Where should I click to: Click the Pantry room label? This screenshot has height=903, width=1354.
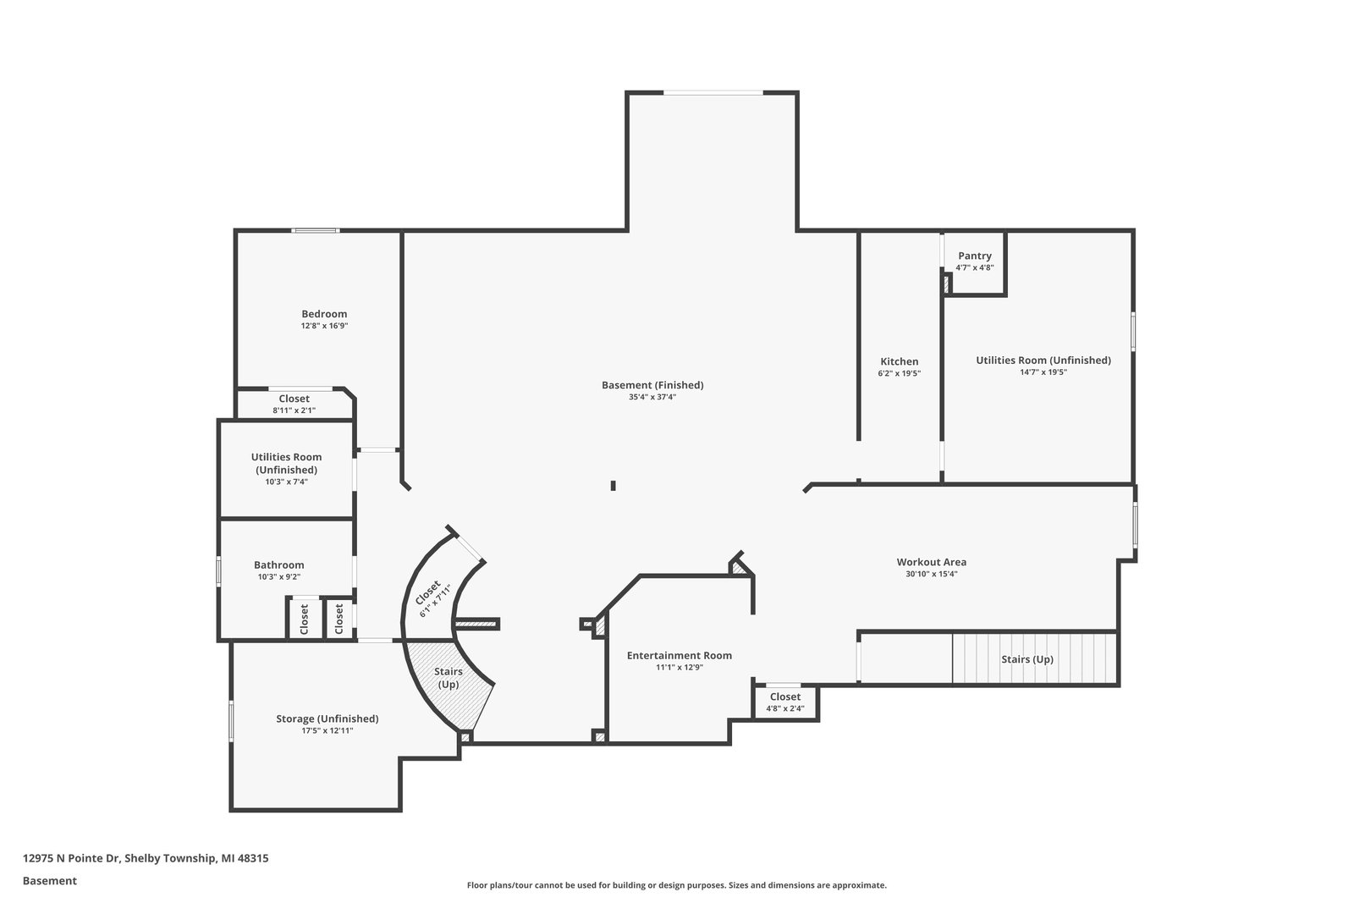[974, 256]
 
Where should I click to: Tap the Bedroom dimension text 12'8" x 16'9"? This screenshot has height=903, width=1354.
[325, 326]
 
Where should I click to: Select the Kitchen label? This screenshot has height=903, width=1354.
[899, 361]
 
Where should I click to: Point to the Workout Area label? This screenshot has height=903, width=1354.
[931, 562]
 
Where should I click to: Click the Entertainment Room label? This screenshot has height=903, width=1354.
[679, 655]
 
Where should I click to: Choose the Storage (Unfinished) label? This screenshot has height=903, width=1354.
[327, 719]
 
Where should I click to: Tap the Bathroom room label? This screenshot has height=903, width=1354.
[278, 565]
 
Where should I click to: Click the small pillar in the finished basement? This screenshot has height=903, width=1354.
[613, 485]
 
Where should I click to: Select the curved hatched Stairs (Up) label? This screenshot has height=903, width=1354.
[448, 678]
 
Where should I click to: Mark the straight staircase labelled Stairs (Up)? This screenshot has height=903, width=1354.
[1034, 658]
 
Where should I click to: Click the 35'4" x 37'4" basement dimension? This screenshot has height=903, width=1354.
[652, 397]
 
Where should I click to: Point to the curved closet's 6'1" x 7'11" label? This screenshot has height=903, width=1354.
[435, 601]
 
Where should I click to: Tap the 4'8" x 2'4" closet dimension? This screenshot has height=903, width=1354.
[785, 708]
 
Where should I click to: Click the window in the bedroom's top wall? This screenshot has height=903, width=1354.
[315, 230]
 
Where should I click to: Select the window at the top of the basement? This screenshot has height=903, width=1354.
[713, 92]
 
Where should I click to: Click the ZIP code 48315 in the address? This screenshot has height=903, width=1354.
[253, 857]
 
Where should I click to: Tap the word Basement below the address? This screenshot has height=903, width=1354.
[50, 881]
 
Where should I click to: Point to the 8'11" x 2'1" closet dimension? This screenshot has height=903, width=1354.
[294, 410]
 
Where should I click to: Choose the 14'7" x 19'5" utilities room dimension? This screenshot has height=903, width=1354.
[1043, 372]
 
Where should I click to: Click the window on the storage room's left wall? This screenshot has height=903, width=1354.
[231, 720]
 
